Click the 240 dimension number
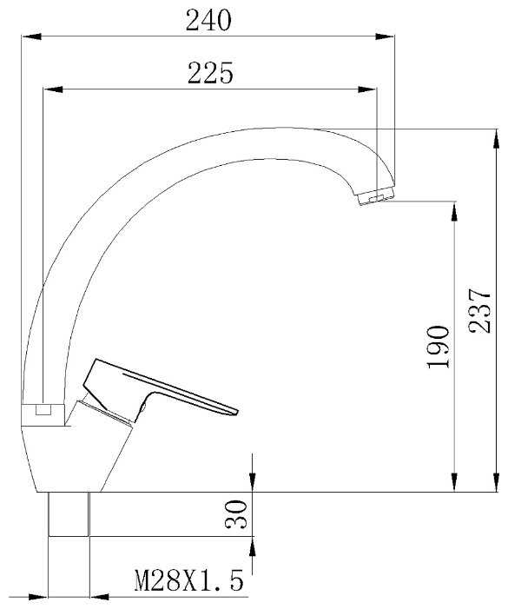pos(208,20)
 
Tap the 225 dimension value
pos(210,73)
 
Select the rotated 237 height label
pos(479,311)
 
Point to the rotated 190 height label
pos(439,347)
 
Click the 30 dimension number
pos(235,514)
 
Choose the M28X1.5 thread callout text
pos(189,580)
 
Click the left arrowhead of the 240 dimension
pos(31,36)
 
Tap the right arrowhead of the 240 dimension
pos(385,36)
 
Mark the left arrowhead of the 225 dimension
pos(53,89)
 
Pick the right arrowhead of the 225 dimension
pos(367,89)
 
